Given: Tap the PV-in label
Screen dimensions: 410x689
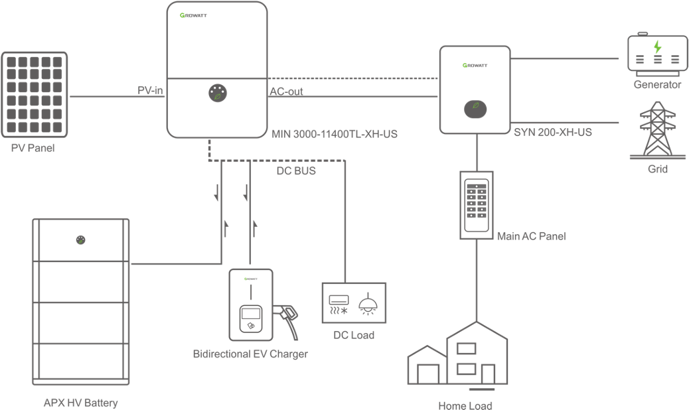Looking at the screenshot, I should click(x=151, y=91).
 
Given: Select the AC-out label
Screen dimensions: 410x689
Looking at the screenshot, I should click(x=287, y=92).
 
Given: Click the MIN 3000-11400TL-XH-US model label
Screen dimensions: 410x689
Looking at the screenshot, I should click(x=335, y=134).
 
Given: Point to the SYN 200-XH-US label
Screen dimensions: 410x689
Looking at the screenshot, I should click(x=553, y=132).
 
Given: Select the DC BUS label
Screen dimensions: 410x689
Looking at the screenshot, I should click(x=296, y=171).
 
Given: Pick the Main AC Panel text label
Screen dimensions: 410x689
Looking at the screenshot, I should click(x=531, y=236).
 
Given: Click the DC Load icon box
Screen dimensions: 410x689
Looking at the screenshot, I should click(x=354, y=303).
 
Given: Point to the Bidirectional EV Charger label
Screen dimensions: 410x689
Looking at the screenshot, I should click(x=250, y=354).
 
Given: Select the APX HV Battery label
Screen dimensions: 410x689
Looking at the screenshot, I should click(x=80, y=403).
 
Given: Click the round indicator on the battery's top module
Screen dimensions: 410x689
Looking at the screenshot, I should click(x=80, y=240).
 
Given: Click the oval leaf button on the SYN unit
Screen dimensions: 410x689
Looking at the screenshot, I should click(x=475, y=107).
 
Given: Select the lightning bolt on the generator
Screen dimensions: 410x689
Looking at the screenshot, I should click(x=657, y=46).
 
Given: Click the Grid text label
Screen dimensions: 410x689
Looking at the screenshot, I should click(x=657, y=169).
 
